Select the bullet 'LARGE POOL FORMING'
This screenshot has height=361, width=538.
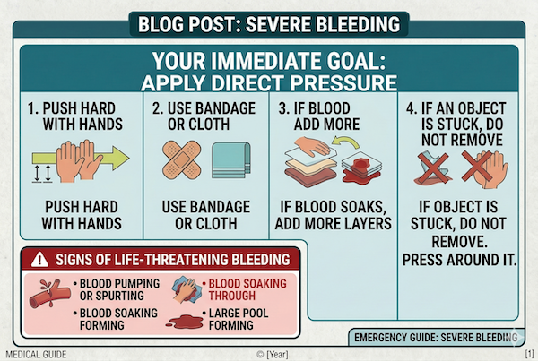[x=245, y=320]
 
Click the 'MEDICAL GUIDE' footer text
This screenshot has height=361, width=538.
[x=30, y=354]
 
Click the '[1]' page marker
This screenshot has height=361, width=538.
[x=529, y=354]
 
